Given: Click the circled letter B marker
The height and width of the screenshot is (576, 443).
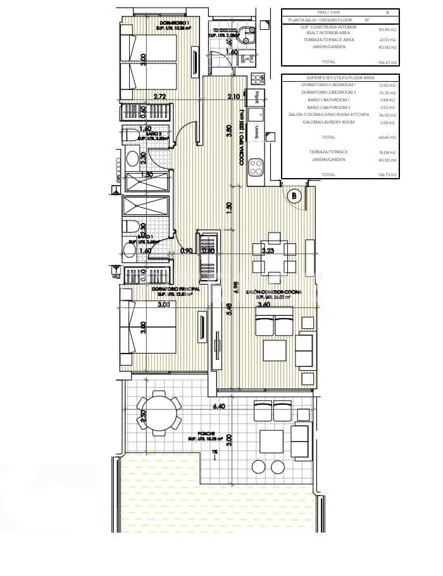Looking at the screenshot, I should pos(294,196).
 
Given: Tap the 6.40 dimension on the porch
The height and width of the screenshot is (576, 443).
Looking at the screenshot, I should pos(220,406).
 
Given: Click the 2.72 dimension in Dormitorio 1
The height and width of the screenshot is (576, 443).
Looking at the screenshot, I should pos(160,97).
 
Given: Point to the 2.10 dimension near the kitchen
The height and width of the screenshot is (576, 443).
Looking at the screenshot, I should pos(234,96).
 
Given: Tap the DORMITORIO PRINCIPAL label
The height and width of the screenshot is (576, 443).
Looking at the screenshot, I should pos(177,289).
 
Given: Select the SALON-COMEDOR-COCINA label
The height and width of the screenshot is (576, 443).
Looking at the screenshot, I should pos(278,291).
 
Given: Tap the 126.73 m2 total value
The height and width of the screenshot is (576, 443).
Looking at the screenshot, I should pos(387,174).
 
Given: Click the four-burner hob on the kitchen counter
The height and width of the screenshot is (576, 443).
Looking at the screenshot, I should pos(256,167).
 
